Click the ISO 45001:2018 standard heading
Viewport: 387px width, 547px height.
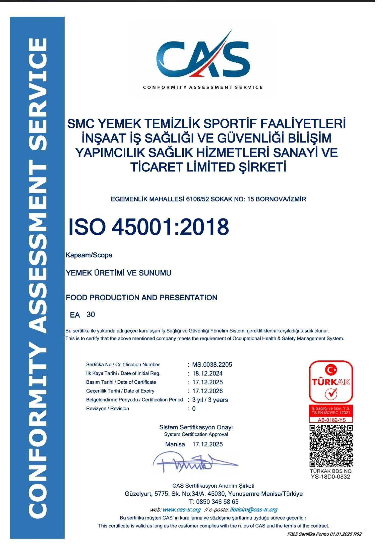[x=148, y=227]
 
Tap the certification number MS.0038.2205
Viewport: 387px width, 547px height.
[x=212, y=365]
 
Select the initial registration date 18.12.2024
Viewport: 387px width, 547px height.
[x=207, y=373]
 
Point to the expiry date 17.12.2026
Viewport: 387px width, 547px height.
[x=207, y=391]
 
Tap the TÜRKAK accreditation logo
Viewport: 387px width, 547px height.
[x=331, y=382]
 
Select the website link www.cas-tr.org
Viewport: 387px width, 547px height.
[x=181, y=510]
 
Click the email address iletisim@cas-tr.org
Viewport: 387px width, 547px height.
[x=254, y=510]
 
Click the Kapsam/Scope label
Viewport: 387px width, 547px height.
[x=89, y=255]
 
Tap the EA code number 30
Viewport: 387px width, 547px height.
[x=91, y=315]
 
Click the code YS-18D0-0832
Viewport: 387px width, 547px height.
[x=330, y=477]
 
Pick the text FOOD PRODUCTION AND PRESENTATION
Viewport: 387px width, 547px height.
[x=141, y=298]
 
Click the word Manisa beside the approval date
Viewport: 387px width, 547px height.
[x=175, y=444]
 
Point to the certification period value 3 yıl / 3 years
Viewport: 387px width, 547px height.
[x=210, y=400]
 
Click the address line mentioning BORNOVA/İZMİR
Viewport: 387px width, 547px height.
[x=208, y=199]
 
